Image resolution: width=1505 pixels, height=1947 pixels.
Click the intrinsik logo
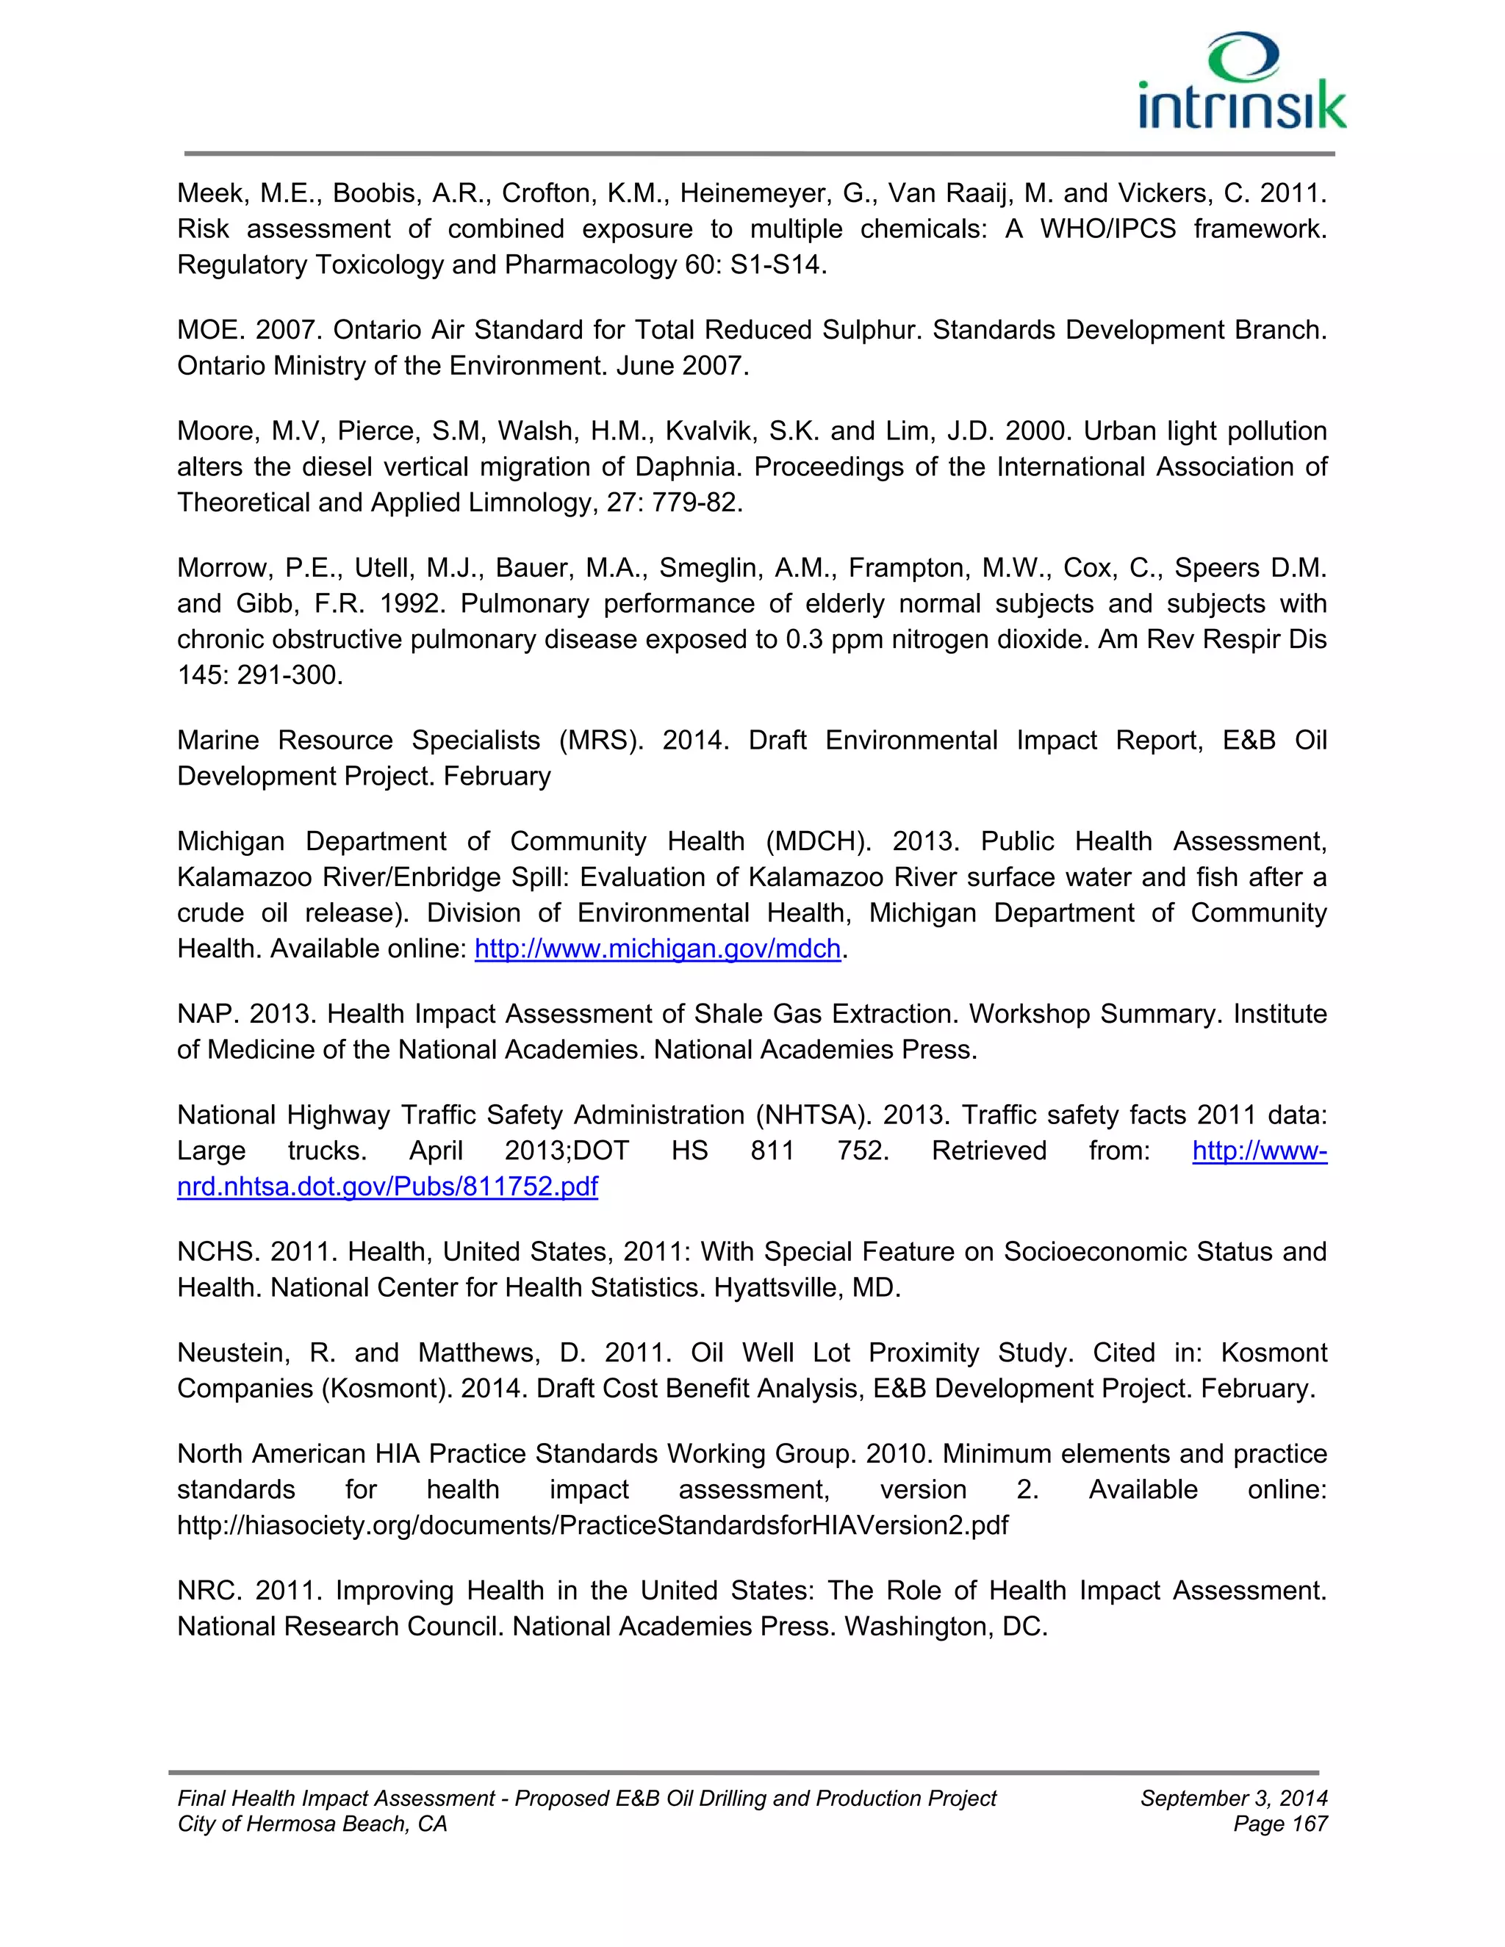click(x=1242, y=82)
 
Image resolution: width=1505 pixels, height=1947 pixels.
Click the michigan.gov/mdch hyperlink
click(x=658, y=949)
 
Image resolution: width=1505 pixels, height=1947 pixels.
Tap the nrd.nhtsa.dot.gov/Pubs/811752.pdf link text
click(x=387, y=1187)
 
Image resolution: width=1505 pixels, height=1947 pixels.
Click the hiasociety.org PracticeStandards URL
click(x=592, y=1525)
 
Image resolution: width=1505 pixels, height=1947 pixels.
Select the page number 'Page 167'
click(x=1280, y=1824)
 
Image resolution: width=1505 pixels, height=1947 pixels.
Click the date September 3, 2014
click(x=1234, y=1798)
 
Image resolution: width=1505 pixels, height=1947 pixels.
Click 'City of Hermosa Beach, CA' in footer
click(x=312, y=1824)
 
